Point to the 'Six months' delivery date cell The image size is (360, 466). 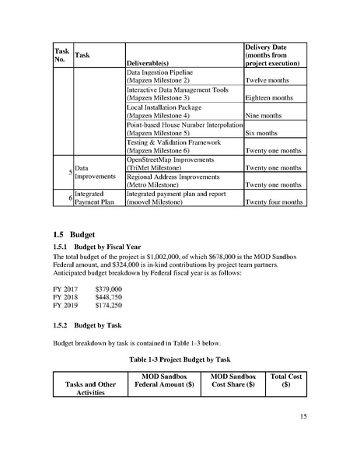[262, 132]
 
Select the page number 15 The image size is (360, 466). [302, 417]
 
